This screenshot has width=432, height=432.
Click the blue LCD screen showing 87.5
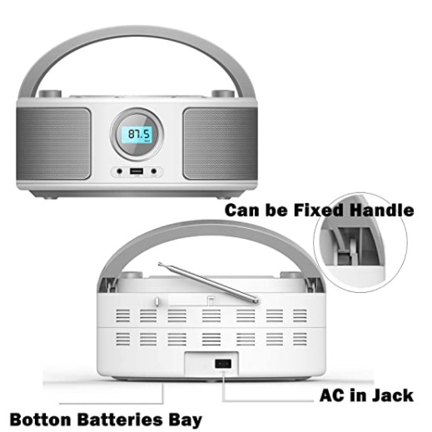coord(137,135)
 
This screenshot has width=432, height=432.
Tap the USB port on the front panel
coord(137,171)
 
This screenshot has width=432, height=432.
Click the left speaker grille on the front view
coord(53,143)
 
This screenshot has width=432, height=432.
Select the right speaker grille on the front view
coord(220,143)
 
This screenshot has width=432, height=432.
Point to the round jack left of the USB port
coord(120,171)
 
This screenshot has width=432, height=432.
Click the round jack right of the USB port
coord(154,171)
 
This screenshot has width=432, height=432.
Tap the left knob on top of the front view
coord(50,93)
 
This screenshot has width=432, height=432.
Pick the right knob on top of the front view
coord(223,93)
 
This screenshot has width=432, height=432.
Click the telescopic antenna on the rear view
coord(209,282)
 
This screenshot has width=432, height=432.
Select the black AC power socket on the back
coord(223,364)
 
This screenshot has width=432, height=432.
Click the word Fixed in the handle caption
coord(319,210)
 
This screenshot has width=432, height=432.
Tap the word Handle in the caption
coord(381,210)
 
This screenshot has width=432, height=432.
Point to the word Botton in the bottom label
coord(41,420)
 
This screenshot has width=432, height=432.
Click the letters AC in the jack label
coord(331,395)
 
